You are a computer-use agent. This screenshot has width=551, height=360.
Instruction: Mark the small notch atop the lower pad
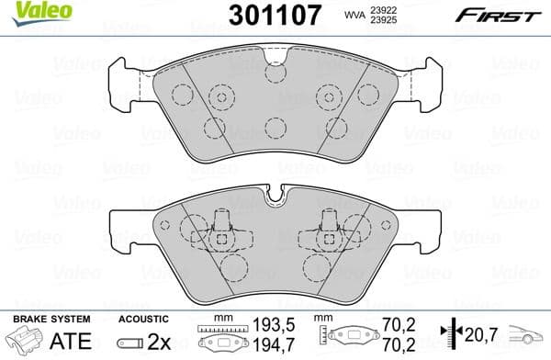tap(272, 196)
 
